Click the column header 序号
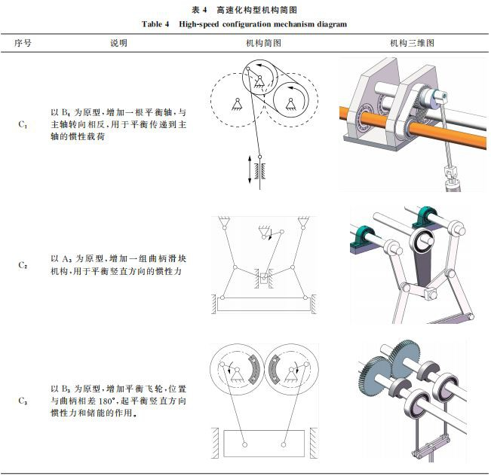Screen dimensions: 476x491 click(23, 43)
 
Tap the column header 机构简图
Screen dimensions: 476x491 click(263, 43)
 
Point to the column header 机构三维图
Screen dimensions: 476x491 click(411, 43)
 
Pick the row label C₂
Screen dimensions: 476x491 click(23, 265)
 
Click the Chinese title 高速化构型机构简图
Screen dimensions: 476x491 click(256, 10)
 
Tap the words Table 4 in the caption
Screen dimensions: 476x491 click(157, 24)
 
